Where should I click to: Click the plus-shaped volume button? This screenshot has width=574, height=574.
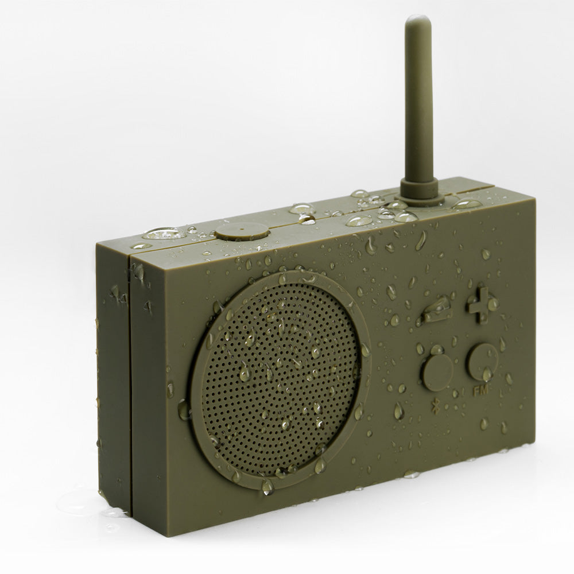tap(481, 305)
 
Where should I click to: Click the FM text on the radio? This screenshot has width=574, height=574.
tap(479, 393)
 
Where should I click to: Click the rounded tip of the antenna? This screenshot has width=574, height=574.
tap(417, 22)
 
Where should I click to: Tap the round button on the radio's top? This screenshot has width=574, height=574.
tap(242, 231)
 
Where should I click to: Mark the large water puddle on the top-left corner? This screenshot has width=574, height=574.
tap(164, 234)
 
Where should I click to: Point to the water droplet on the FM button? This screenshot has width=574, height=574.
tap(487, 374)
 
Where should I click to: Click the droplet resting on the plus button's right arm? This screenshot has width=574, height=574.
tap(492, 304)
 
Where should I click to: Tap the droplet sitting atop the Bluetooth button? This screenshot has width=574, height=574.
tap(437, 350)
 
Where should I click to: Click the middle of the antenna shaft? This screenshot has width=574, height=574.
tap(419, 103)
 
